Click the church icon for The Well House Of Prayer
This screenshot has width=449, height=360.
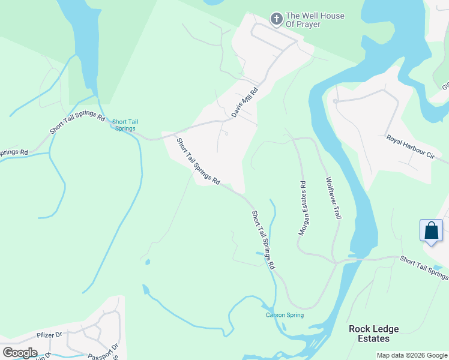tap(276, 19)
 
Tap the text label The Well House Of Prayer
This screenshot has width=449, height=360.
tap(315, 20)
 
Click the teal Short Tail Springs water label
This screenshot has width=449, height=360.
tap(125, 124)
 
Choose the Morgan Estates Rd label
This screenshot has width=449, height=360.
tap(303, 208)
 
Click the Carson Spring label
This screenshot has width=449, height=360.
tap(285, 315)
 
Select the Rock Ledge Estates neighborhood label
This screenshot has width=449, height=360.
tap(374, 334)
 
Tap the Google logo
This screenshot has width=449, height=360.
tap(20, 353)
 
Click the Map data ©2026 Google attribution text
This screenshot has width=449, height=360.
tap(412, 355)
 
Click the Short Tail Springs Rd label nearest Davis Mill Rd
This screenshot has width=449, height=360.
tap(198, 161)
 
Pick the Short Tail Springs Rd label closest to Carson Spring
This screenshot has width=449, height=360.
tap(263, 239)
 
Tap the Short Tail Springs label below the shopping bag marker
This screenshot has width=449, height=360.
tap(424, 267)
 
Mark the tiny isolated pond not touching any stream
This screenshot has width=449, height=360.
tap(147, 262)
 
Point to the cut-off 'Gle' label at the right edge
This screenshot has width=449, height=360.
tap(445, 86)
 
